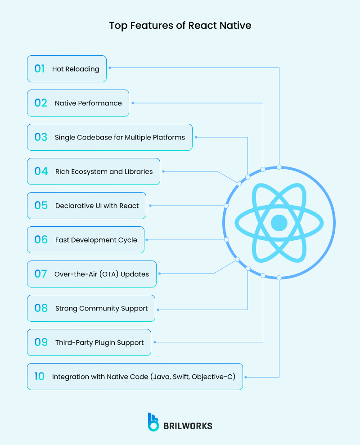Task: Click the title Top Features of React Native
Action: click(x=180, y=25)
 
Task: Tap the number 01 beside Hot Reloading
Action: click(x=40, y=69)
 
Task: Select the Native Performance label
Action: click(x=88, y=103)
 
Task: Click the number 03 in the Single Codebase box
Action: click(x=40, y=137)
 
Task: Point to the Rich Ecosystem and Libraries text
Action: click(x=104, y=171)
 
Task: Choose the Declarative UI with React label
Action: click(x=97, y=206)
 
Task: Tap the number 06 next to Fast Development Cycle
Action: click(x=41, y=240)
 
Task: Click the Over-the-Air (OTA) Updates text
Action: click(x=102, y=274)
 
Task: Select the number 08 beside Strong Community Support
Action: click(x=41, y=308)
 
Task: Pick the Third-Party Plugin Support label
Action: click(x=99, y=342)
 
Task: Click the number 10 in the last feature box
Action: click(x=40, y=377)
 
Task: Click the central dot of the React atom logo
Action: click(x=279, y=222)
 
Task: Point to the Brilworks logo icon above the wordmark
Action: click(x=153, y=422)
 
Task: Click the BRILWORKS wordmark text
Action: click(x=188, y=426)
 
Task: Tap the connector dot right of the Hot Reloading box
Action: click(x=109, y=68)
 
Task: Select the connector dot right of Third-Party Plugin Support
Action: click(x=154, y=342)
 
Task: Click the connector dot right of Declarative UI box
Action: click(x=150, y=206)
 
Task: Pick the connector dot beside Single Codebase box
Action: click(x=196, y=137)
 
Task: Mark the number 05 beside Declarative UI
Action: click(x=41, y=206)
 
